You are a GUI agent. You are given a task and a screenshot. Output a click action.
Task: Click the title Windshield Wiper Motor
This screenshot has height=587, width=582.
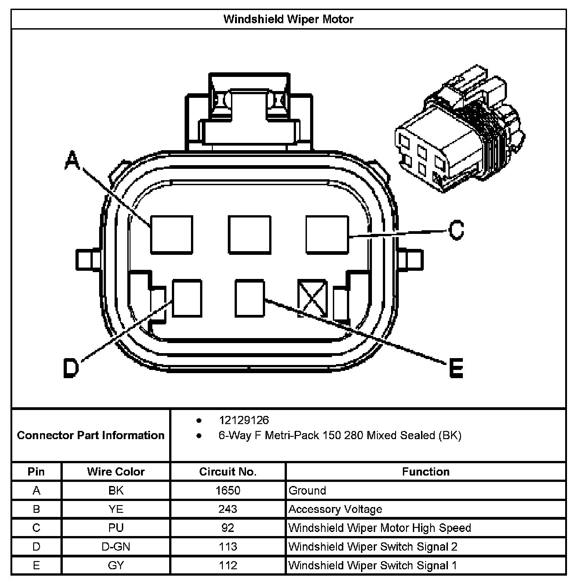coord(288,19)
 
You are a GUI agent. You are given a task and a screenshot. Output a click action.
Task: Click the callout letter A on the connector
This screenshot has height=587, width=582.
coord(72,161)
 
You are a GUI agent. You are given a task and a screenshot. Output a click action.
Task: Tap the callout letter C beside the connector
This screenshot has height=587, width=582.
coord(456,230)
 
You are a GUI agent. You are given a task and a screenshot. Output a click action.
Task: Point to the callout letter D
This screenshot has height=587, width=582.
coord(70,368)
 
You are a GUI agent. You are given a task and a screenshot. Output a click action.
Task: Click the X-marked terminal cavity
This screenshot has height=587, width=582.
coord(312,299)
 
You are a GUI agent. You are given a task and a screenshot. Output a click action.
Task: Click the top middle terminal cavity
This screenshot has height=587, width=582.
coord(249,234)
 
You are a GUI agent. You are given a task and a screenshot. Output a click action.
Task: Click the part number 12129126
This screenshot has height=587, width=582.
coord(244,420)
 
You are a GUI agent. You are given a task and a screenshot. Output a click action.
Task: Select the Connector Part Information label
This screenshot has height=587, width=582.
coord(90,435)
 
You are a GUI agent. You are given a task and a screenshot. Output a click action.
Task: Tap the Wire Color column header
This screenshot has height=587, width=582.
coord(116,472)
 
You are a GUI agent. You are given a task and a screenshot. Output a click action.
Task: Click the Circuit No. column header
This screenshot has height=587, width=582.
coord(228,472)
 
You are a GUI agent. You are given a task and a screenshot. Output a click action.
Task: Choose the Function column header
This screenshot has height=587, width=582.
coord(426,472)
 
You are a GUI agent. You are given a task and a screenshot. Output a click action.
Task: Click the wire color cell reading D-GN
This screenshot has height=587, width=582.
coord(116,547)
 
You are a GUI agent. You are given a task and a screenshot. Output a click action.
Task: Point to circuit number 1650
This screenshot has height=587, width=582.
coord(228,491)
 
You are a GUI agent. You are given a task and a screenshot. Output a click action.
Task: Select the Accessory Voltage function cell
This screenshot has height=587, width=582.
coord(336,509)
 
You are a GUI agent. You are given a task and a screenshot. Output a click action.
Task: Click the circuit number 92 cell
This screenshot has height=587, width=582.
coord(228,528)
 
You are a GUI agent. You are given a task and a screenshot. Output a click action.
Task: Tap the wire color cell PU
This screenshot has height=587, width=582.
coord(116,528)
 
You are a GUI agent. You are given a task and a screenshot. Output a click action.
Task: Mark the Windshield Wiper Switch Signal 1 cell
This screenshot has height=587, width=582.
coord(373,565)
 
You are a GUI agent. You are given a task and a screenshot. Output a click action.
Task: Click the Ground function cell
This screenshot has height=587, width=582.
coord(307,491)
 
